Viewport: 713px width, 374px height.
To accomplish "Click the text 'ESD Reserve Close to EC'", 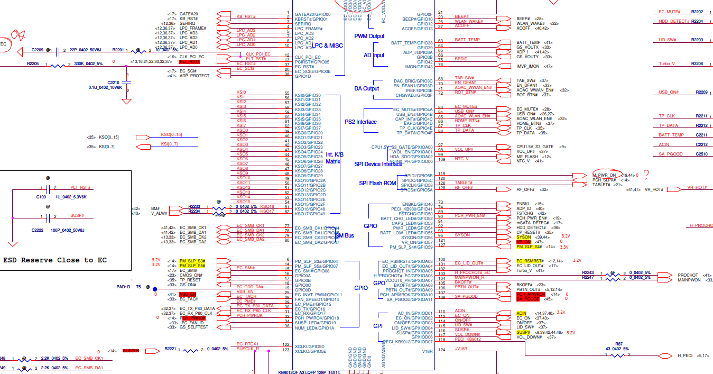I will point(55,260).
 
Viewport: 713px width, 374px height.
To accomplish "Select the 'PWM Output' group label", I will point(369,36).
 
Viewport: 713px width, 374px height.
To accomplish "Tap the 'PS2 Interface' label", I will point(361,122).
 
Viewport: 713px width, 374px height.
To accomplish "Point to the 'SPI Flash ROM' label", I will point(377,183).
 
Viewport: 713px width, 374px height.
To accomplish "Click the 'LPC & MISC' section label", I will point(327,45).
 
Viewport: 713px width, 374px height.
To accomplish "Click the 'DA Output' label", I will point(367,88).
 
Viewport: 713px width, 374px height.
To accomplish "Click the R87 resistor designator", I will point(619,344).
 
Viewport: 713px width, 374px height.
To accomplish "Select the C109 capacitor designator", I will point(41,196).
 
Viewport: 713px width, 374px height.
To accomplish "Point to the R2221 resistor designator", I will point(170,349).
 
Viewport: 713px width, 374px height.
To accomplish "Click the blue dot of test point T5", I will point(155,289).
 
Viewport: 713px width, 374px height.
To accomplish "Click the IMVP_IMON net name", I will point(528,67).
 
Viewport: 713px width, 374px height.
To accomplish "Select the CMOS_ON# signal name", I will point(191,275).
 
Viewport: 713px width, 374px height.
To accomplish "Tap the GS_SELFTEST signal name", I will point(194,327).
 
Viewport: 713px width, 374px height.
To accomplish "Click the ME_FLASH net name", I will point(527,156).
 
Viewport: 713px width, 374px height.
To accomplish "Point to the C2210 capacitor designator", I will point(113,83).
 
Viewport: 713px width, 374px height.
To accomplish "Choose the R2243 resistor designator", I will point(588,273).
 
